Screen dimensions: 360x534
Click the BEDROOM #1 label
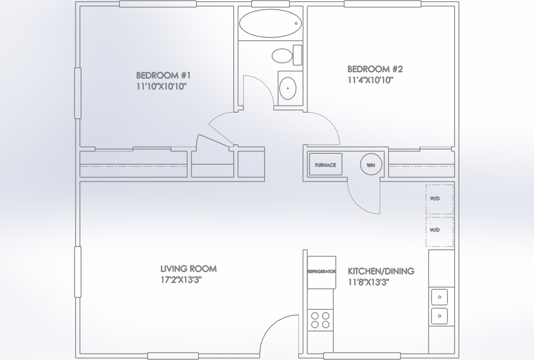(164, 75)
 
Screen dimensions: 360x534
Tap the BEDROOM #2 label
(375, 69)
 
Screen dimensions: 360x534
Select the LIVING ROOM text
(188, 269)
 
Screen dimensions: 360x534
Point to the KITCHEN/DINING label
(381, 271)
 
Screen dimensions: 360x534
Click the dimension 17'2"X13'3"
(181, 280)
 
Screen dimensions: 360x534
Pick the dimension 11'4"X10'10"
(371, 80)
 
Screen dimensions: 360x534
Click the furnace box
(326, 165)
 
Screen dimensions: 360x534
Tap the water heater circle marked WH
(371, 165)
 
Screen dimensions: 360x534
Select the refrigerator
(321, 272)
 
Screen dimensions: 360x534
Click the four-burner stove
(320, 319)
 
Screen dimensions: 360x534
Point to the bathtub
(271, 24)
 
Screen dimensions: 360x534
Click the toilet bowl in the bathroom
(282, 56)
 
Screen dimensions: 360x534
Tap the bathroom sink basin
(288, 88)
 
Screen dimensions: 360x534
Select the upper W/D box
(439, 199)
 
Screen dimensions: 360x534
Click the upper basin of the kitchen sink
(439, 297)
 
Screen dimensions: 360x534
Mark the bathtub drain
(296, 24)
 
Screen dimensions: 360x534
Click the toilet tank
(297, 55)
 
